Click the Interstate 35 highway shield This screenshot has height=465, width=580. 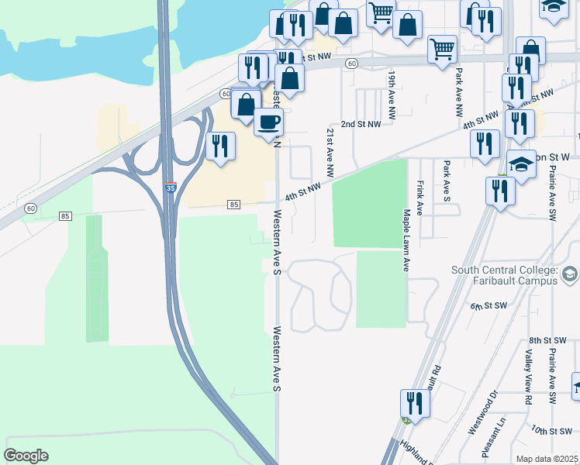coord(170,187)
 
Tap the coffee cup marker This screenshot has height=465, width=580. coord(268,122)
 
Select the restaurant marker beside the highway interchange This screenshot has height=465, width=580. coord(220,146)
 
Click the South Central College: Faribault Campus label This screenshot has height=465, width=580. coord(505,275)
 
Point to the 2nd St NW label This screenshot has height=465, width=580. coord(361,124)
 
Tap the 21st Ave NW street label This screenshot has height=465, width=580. coord(330,152)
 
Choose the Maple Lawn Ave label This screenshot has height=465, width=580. coord(405,239)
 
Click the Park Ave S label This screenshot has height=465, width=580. coord(447,181)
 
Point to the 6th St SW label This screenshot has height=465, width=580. coord(488,307)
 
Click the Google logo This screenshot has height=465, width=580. coord(26,455)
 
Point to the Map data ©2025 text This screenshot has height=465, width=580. coord(547,459)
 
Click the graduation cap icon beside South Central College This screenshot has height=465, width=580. coord(570,274)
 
